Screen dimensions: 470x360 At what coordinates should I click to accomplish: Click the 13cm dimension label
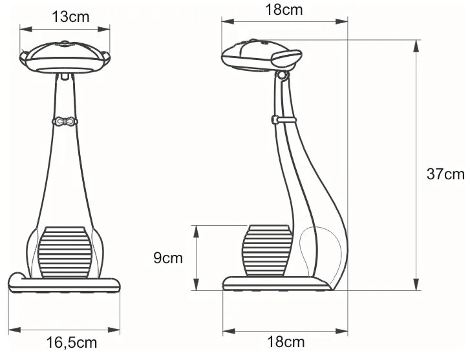[x=70, y=17]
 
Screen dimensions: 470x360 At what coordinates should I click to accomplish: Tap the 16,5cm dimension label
[x=72, y=343]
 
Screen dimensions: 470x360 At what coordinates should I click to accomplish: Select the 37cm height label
[x=445, y=174]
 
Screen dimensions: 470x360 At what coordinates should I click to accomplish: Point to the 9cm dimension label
[x=168, y=258]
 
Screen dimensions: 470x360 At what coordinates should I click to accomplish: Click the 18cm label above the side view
[x=284, y=10]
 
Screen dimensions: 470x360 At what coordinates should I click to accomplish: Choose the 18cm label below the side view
[x=286, y=342]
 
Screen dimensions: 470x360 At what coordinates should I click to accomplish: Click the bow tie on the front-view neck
[x=65, y=122]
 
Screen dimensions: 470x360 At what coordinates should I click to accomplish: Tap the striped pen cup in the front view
[x=65, y=252]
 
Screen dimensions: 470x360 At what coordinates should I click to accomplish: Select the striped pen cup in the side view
[x=267, y=251]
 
